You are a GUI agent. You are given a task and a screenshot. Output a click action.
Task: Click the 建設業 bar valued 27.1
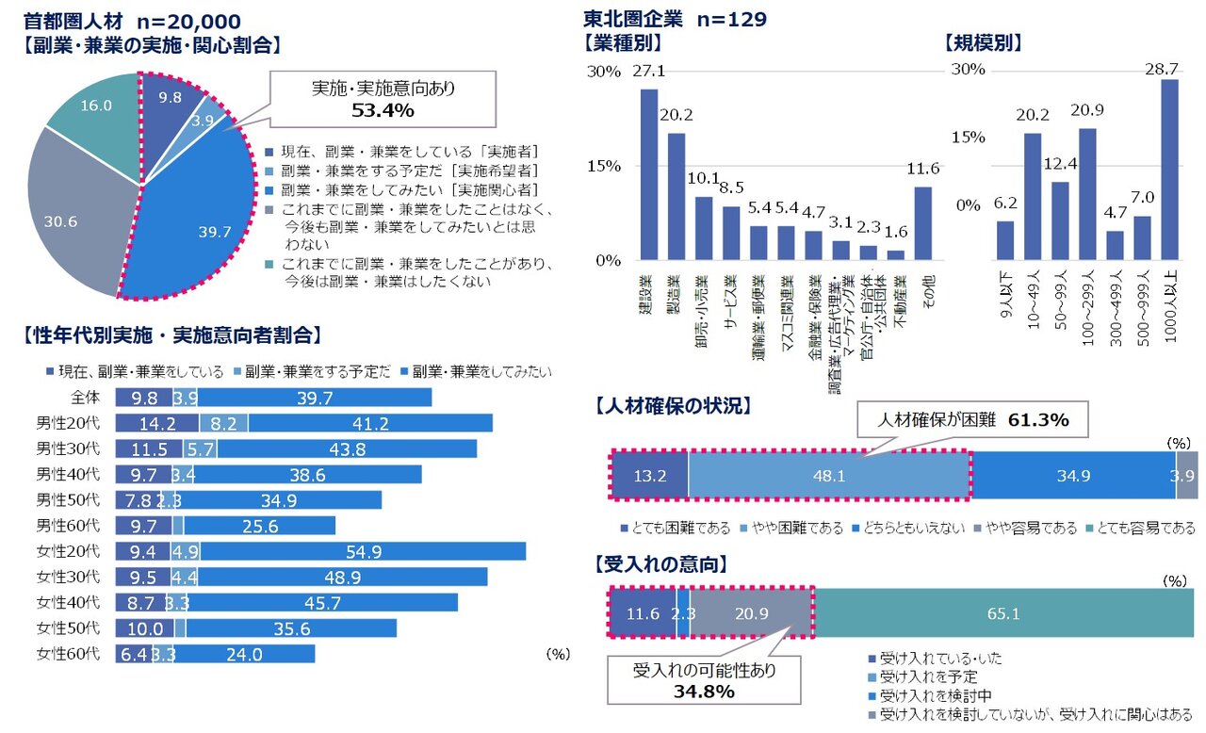(x=649, y=174)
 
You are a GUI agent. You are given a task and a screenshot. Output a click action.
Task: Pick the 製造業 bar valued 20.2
(x=676, y=196)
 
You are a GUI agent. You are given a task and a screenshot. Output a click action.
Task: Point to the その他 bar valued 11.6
(x=923, y=223)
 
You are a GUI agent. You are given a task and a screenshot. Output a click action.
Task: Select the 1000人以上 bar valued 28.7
(x=1170, y=170)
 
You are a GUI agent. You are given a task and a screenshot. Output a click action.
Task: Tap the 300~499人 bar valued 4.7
(x=1116, y=245)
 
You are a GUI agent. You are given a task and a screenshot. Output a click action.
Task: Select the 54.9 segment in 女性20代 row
(x=363, y=550)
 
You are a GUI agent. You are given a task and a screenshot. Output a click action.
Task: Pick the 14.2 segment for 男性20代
(x=157, y=423)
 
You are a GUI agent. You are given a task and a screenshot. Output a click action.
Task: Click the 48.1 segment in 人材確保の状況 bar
(x=829, y=476)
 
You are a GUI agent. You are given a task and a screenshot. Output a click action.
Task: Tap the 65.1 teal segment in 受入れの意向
(x=1004, y=613)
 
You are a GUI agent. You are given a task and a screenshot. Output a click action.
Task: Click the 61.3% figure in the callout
(x=1039, y=420)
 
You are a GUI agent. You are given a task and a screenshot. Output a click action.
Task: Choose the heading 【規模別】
(x=983, y=42)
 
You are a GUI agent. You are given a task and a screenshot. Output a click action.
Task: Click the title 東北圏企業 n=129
(x=675, y=19)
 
